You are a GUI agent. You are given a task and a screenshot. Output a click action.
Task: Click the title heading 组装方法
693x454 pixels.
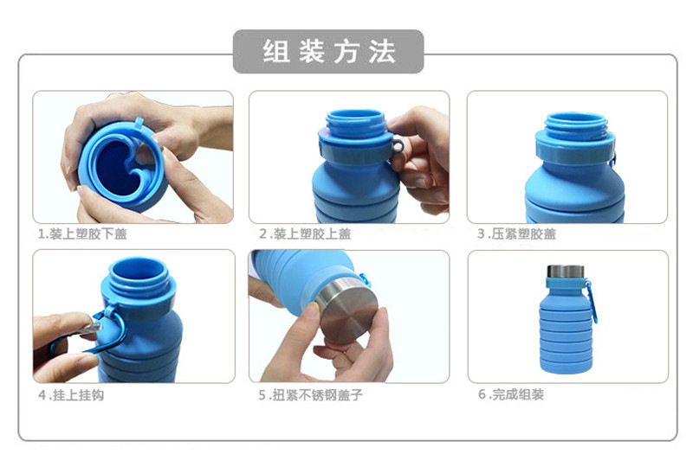click(328, 51)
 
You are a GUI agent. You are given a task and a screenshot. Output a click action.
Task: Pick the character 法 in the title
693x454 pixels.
click(380, 51)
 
